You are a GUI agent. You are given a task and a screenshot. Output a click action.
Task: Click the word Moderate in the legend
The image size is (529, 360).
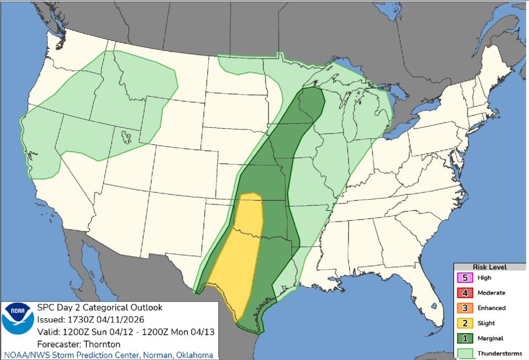(491, 293)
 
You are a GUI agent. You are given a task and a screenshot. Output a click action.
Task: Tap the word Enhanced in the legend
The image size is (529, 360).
(491, 308)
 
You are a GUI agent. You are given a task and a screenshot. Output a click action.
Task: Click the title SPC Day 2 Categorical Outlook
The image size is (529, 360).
(100, 308)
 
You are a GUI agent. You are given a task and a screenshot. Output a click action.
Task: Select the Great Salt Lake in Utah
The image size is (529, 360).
(125, 137)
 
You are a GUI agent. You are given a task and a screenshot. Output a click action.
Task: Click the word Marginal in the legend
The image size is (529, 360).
(490, 338)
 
